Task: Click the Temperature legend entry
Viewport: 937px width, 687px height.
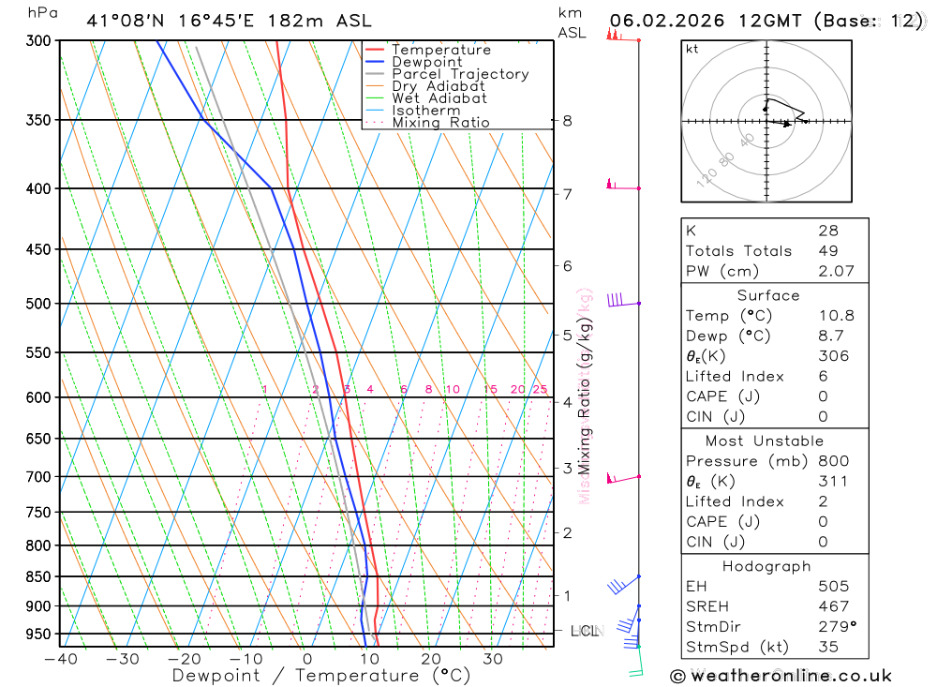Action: coord(440,50)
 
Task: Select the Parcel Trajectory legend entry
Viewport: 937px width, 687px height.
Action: coord(459,74)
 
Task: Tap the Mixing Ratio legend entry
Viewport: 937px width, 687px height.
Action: coord(440,123)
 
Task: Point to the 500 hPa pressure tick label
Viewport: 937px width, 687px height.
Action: coord(37,304)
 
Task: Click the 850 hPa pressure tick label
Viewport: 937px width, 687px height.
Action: coord(37,576)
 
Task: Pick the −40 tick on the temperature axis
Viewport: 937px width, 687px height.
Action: coord(61,659)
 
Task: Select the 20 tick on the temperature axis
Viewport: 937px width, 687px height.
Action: coord(430,659)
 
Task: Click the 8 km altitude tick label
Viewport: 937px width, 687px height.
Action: coord(567,120)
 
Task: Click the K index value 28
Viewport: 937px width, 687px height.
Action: coord(827,231)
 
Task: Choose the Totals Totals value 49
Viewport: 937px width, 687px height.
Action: coord(827,251)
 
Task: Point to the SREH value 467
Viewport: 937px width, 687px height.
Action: coord(833,606)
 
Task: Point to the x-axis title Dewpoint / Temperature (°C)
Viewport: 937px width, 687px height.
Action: coord(320,676)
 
